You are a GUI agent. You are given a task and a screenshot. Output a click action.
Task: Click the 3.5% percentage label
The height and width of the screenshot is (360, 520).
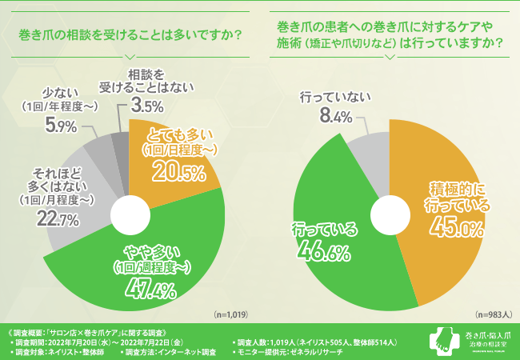click(148, 105)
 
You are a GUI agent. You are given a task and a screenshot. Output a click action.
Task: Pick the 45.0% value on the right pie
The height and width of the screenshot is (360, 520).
click(452, 230)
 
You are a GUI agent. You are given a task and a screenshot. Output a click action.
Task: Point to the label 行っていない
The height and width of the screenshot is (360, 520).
click(335, 98)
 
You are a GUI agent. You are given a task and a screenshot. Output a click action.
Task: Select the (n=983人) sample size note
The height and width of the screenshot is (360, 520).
click(493, 315)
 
